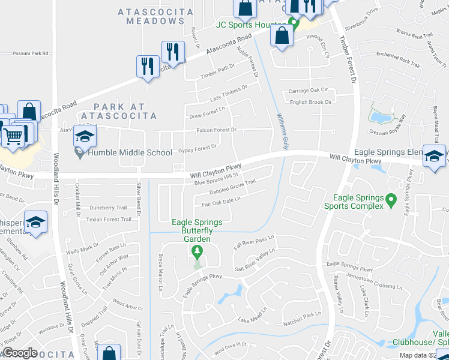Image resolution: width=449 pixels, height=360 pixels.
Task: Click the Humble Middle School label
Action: pos(130,152)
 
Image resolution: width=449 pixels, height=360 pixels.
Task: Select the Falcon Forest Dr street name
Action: pos(217,130)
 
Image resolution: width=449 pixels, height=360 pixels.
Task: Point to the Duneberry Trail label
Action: pos(108,208)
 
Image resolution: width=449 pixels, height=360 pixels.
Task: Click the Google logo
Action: pos(20,353)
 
